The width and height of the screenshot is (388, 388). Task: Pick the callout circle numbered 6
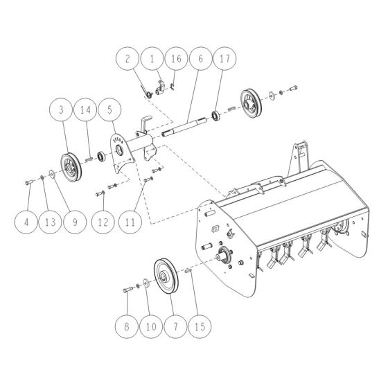[x=200, y=59]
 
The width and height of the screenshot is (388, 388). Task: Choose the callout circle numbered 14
[x=85, y=110]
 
